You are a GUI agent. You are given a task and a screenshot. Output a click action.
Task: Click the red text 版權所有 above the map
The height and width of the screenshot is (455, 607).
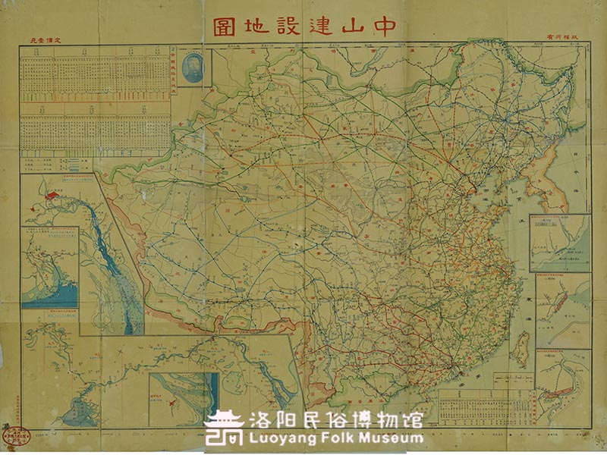pos(561,38)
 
